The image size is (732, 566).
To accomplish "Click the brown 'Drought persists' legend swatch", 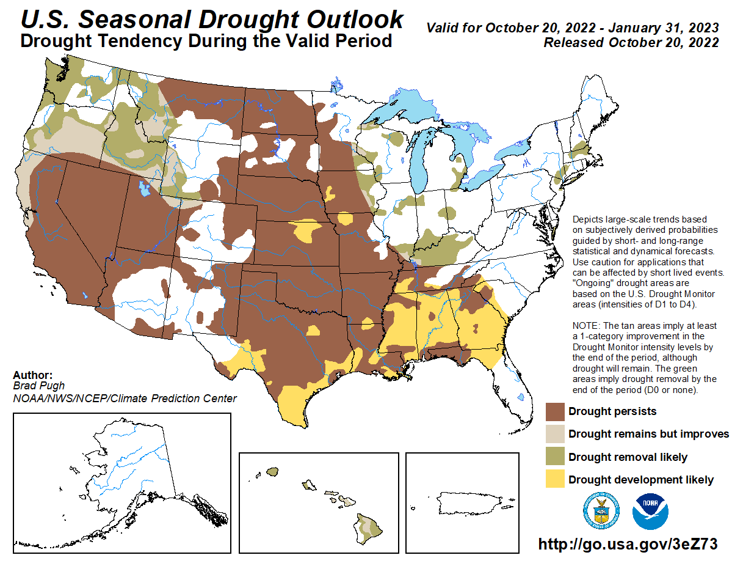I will point(554,411).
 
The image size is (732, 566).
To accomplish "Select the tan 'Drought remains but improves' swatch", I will point(554,433).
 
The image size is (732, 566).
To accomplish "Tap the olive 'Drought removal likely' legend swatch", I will point(554,457).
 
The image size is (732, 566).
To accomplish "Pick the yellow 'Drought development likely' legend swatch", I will point(554,479).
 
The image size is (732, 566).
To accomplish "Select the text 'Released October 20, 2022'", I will point(631,43).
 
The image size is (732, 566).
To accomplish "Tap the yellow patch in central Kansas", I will point(306,231).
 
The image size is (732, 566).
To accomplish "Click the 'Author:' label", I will point(32,375).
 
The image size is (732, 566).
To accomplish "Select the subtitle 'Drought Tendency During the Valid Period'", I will point(206,41).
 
